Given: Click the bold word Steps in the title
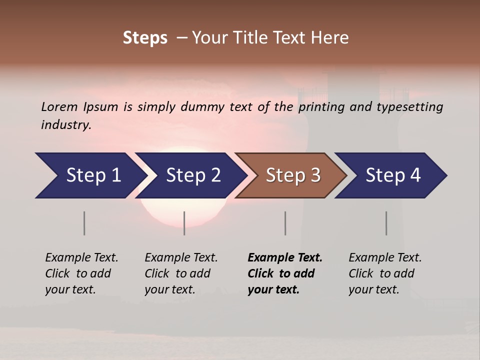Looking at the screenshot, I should coord(145,38).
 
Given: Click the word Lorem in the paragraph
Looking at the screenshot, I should coord(59,106).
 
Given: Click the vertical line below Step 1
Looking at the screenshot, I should coord(84,223).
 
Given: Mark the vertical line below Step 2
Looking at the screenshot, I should coord(184,223).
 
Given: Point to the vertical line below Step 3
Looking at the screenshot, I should coord(285,223).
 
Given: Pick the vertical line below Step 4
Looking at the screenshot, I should coord(386,223).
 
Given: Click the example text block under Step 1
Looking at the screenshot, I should coord(81,273).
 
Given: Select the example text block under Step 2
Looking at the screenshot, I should coord(181,273).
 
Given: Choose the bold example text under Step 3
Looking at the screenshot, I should coord(285,273).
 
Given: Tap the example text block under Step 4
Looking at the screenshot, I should coord(385,273).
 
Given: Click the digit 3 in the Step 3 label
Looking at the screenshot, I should coord(315,175).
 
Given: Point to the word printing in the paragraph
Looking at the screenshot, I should coord(322,106).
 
